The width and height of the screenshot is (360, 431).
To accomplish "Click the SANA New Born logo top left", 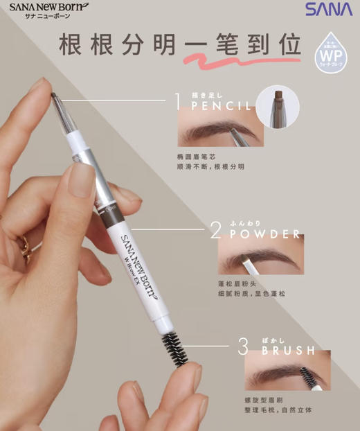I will point(47,12).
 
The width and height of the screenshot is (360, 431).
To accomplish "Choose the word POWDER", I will point(266,234).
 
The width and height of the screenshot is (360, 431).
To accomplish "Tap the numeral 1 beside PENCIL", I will point(178,103).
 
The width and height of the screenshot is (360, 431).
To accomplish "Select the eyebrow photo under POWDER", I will point(260,256).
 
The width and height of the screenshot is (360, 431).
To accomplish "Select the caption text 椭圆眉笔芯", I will point(196,157).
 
